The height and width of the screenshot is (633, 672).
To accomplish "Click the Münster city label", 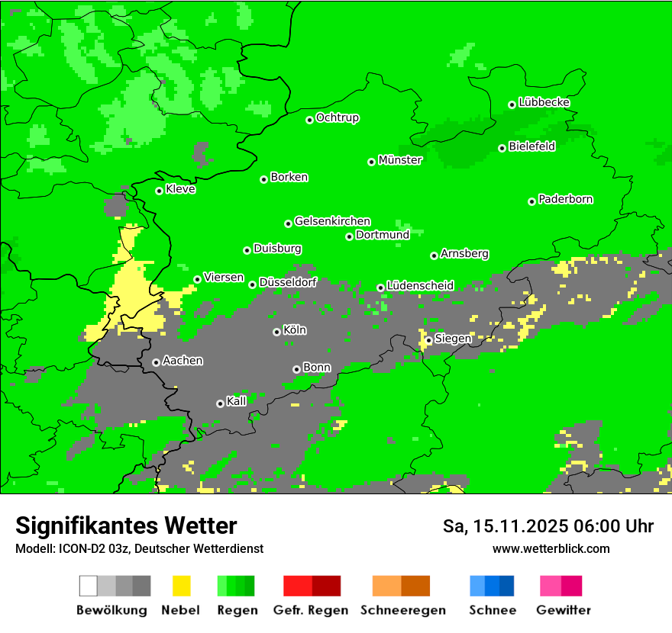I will pos(400,160).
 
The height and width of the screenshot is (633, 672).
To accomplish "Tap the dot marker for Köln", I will pos(276,332).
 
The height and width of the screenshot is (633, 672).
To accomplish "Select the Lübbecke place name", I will pos(544,102).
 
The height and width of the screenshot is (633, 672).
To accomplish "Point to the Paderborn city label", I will pos(565,199).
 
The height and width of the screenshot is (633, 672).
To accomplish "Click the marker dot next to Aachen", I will pos(156,362).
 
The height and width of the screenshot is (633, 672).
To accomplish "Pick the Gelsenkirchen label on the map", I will pos(332,221).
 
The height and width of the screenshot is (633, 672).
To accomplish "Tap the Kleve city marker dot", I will pos(159,191).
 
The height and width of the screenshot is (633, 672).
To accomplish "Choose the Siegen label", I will pos(453,338).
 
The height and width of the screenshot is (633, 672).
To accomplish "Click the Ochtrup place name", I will pos(337,117).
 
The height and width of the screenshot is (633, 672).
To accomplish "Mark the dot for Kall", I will pos(220,403).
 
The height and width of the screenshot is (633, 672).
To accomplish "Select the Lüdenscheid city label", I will pos(420,285).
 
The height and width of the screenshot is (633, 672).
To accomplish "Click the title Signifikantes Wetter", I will pos(126,525).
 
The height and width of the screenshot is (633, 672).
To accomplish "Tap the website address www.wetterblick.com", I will pos(551,548).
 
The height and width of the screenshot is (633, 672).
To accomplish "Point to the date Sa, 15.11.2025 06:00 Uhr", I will pos(548,526).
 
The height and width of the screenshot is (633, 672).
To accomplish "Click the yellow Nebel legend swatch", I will pos(181,586).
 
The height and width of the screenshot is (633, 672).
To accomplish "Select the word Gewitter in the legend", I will pos(564,610).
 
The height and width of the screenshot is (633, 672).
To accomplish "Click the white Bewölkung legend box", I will pos(89,586).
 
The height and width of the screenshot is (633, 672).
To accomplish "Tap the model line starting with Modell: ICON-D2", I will pos(139,548).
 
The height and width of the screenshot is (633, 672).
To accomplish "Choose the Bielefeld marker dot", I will pos(502,148).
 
